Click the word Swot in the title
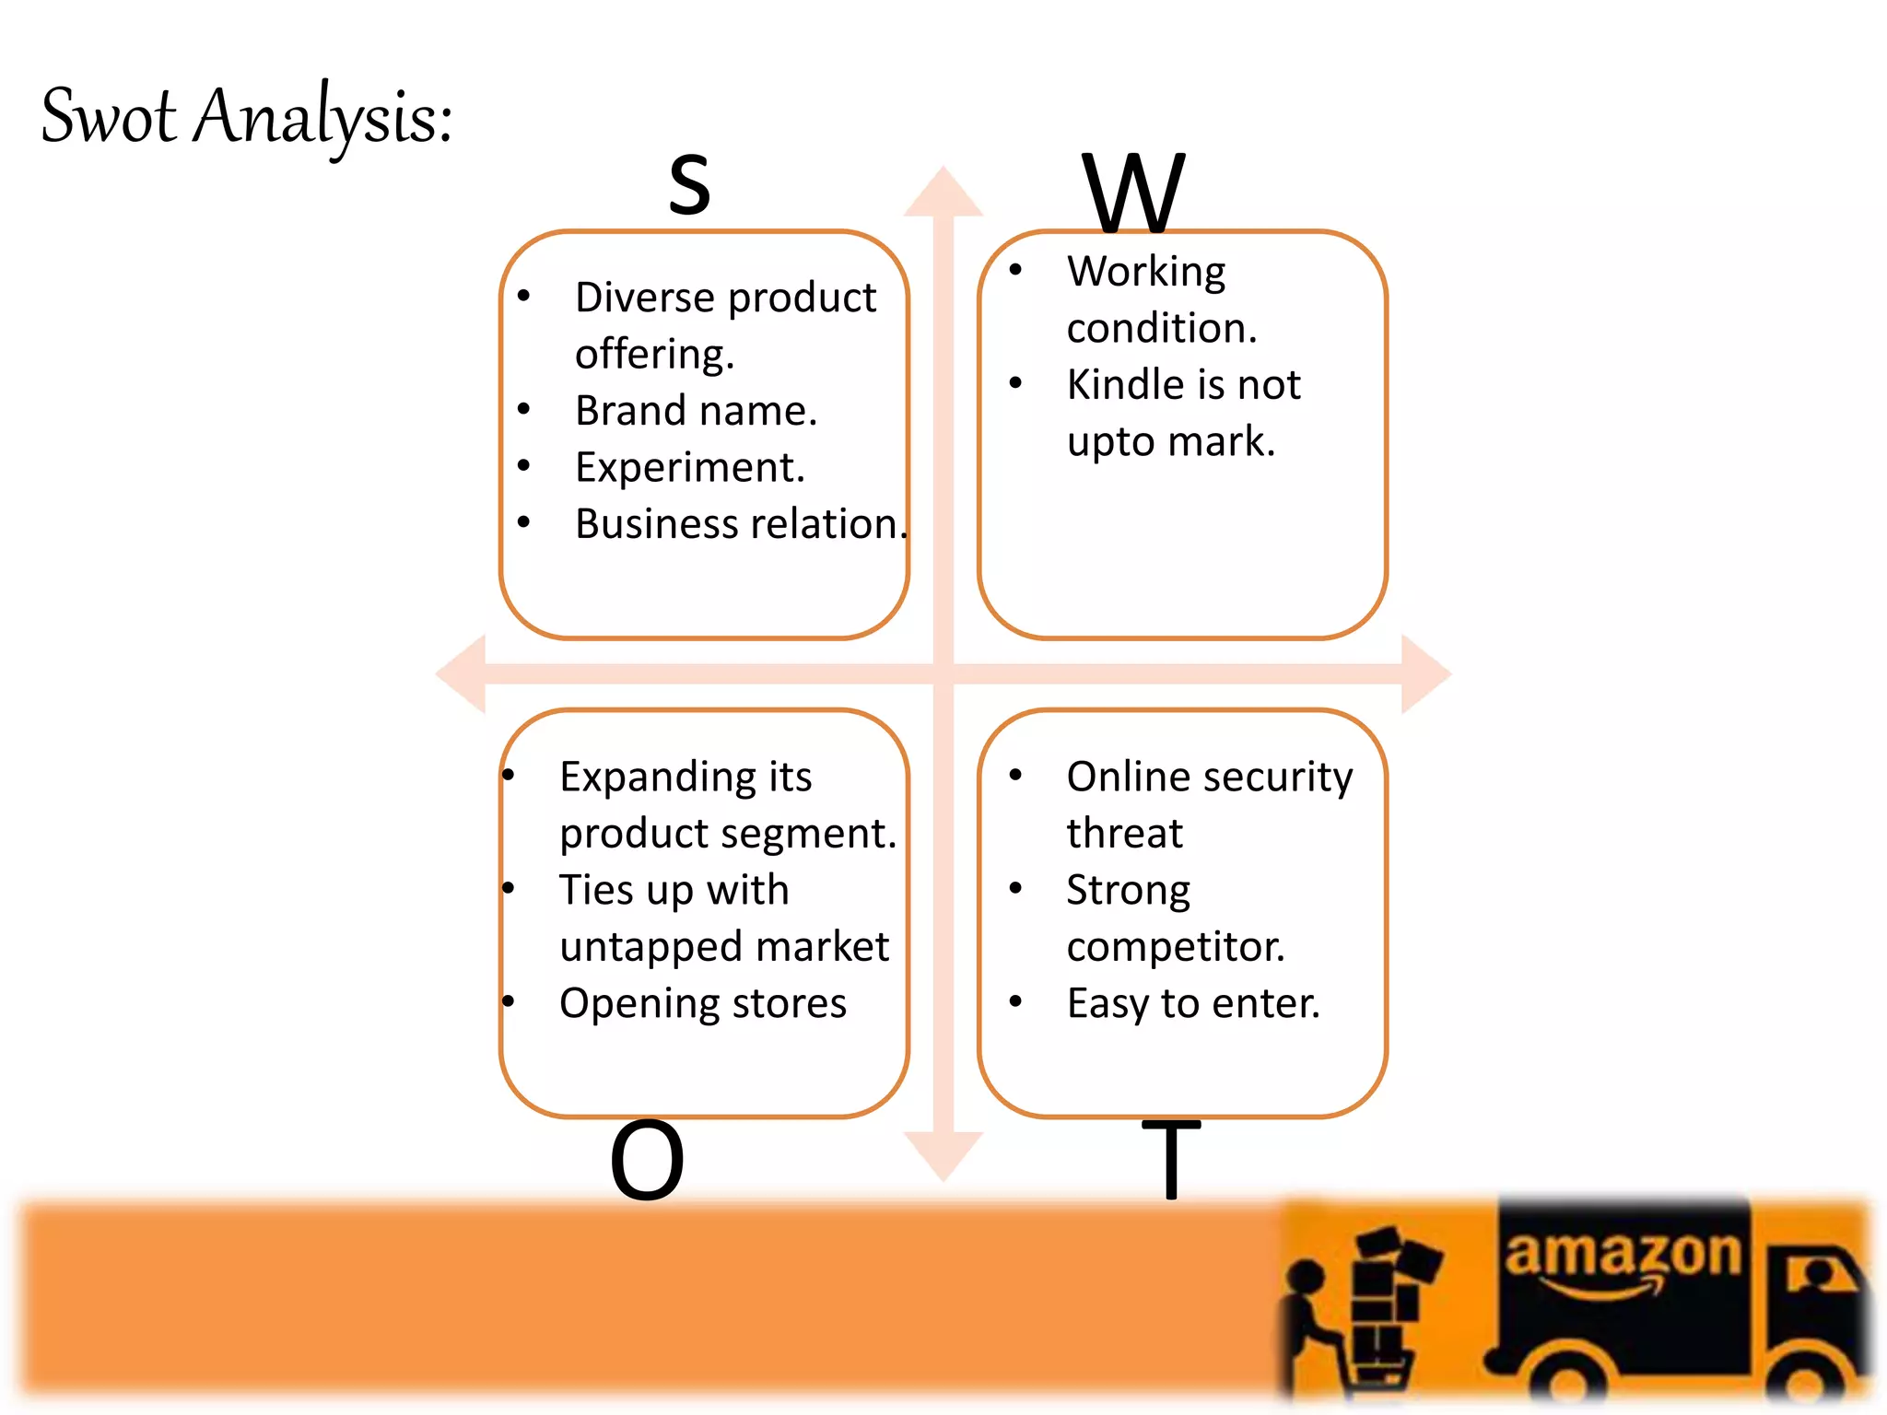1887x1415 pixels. coord(109,118)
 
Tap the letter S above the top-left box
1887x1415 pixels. coord(689,184)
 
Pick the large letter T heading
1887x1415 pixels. coord(1171,1159)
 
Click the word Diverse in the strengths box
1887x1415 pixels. coord(645,298)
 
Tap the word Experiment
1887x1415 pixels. coord(689,468)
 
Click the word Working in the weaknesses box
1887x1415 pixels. coord(1146,273)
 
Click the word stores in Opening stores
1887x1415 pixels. coord(788,1003)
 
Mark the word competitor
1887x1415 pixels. coord(1176,947)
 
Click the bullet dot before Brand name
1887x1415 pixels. coord(523,409)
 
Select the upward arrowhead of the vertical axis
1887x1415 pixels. coord(943,193)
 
